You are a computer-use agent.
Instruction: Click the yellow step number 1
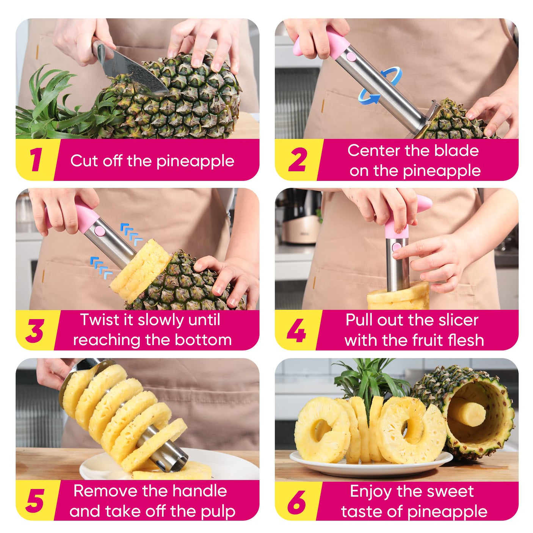coord(36,160)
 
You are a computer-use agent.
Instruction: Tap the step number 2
coord(297,160)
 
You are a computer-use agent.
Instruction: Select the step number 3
coord(35,331)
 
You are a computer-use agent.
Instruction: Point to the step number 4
coord(296,331)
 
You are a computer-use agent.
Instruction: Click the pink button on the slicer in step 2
coord(351,57)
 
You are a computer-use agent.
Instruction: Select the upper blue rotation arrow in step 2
coord(392,75)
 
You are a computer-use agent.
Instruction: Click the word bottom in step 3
coord(203,340)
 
